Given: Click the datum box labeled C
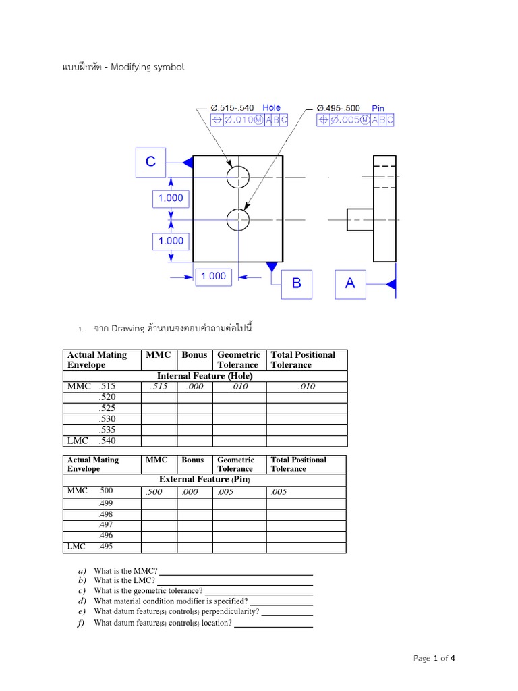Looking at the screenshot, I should (x=151, y=162).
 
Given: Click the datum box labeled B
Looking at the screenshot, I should (x=296, y=283).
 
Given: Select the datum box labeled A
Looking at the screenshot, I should (x=350, y=283).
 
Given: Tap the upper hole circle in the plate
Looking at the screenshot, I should (x=237, y=177).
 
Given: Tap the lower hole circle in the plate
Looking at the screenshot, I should (x=237, y=219).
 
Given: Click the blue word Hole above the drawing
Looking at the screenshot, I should (x=271, y=107).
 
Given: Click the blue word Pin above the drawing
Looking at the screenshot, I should (x=378, y=108).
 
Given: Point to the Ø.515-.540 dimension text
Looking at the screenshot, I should (x=233, y=108).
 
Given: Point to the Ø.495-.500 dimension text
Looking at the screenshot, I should (x=338, y=108).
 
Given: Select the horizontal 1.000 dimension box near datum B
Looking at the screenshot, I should (x=213, y=276).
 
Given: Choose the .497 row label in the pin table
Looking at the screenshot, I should (x=106, y=524).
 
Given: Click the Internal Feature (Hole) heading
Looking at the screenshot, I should (x=205, y=376).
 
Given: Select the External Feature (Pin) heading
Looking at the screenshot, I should (x=204, y=479).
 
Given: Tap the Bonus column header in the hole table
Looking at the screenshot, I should (x=194, y=354).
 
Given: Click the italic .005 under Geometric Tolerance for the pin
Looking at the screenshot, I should (x=227, y=492).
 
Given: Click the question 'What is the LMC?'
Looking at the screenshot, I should (x=124, y=580).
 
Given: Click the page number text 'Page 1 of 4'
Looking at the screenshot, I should (x=438, y=658).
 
